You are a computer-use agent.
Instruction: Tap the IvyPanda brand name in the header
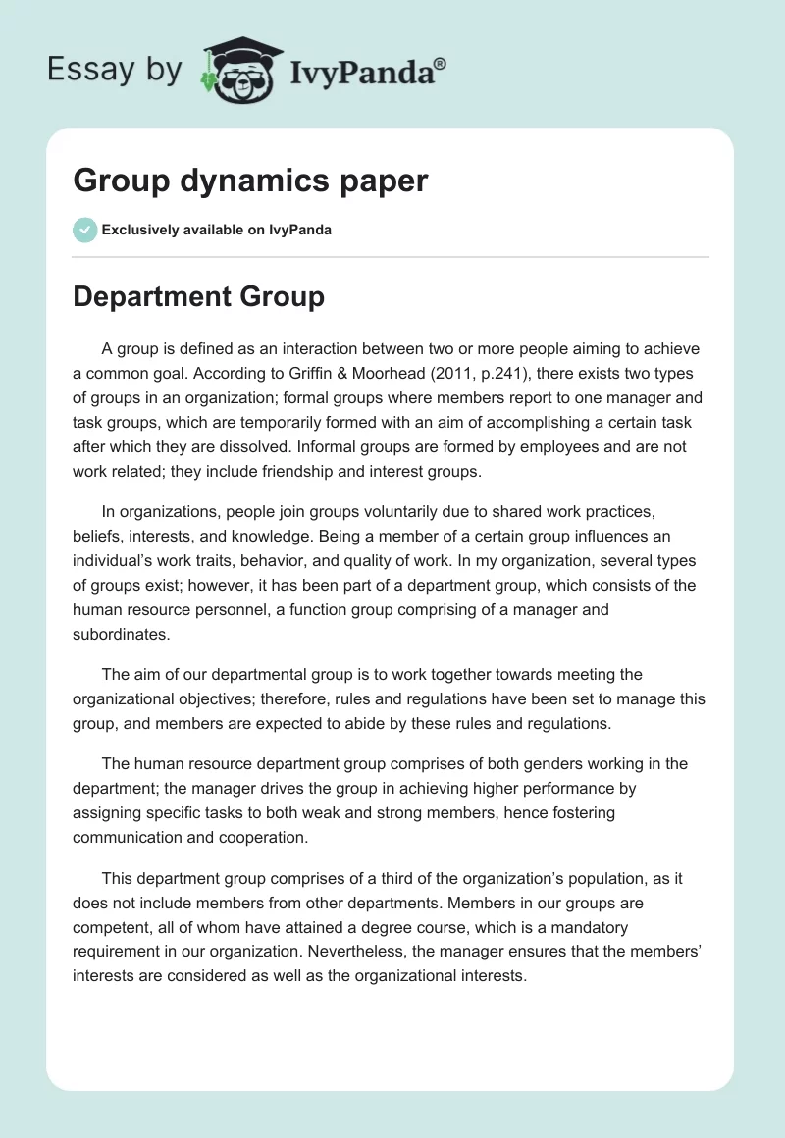pos(367,73)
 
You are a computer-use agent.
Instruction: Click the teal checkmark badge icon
pos(84,230)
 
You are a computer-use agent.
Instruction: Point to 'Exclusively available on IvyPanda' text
pos(216,231)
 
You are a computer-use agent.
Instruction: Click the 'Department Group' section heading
pos(198,297)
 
